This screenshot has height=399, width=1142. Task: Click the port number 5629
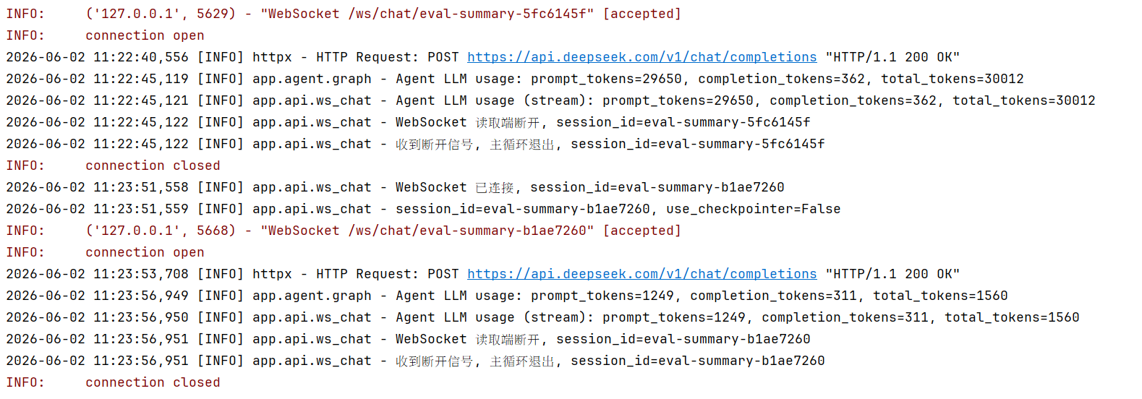point(212,14)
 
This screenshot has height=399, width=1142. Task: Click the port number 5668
point(212,231)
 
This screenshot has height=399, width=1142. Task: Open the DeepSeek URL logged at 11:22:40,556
point(642,57)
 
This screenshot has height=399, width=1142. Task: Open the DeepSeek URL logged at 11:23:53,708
point(642,274)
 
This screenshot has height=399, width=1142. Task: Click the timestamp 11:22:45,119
point(141,79)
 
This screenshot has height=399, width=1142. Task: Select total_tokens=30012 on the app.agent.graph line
point(953,79)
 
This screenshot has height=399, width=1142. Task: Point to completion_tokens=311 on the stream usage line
point(845,317)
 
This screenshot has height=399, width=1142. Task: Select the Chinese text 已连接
point(494,187)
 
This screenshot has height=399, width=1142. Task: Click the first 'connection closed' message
point(153,166)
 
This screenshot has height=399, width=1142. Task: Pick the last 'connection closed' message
point(153,382)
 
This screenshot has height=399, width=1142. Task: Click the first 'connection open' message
point(145,35)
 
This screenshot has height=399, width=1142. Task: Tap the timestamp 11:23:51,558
point(141,187)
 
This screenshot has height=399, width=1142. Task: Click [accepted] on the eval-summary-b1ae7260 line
point(642,231)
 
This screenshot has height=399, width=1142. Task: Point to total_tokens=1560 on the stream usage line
point(1012,317)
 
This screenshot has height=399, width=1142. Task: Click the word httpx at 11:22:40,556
point(272,57)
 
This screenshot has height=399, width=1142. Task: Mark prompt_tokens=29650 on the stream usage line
point(678,100)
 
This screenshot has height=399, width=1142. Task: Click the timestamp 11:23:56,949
point(141,296)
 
